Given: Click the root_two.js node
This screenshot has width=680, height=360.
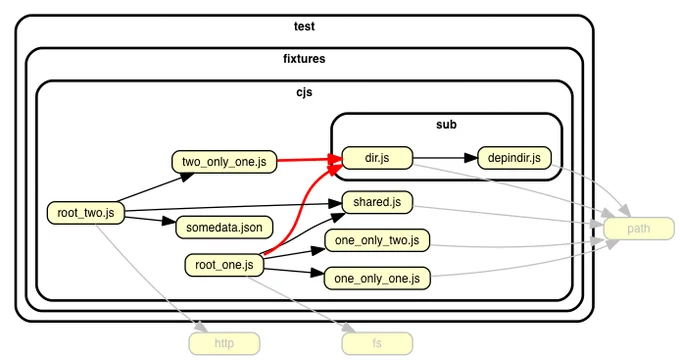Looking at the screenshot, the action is click(x=86, y=213).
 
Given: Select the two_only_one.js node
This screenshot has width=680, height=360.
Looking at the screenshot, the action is click(x=224, y=162).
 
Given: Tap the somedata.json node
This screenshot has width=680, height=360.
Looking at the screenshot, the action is click(x=224, y=227).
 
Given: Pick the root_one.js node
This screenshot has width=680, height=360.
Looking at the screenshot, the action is click(x=224, y=265).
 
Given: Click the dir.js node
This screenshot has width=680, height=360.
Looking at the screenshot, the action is click(x=377, y=158).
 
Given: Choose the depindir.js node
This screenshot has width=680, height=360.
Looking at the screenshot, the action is click(x=514, y=158).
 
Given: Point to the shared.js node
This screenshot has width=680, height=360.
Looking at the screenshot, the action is click(x=377, y=202).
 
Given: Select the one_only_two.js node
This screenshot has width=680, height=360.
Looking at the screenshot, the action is click(x=377, y=240).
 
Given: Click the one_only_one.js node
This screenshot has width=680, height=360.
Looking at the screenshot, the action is click(x=377, y=278).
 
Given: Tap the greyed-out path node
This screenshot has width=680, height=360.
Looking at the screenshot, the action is click(x=639, y=229).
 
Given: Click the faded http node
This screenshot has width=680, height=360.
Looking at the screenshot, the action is click(x=224, y=344).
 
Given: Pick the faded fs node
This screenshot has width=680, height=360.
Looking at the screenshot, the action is click(x=377, y=344).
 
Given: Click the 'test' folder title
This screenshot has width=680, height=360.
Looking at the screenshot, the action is click(x=304, y=26).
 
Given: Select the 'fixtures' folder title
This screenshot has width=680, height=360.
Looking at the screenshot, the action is click(x=304, y=59).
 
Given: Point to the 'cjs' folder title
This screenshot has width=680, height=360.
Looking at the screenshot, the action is click(x=304, y=92).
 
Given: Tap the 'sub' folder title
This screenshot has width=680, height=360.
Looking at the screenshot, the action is click(x=446, y=124).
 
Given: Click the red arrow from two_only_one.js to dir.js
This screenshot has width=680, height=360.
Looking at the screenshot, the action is click(x=310, y=160).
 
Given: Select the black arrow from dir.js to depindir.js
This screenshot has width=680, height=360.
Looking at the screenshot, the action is click(x=445, y=158).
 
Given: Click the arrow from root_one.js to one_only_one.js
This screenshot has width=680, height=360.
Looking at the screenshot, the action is click(x=294, y=272).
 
